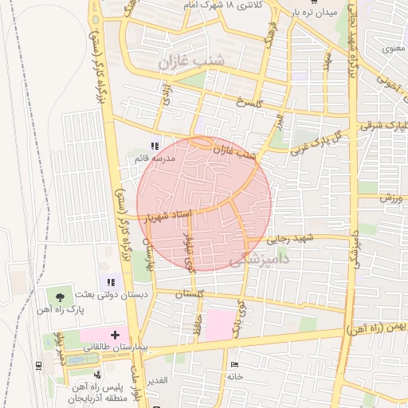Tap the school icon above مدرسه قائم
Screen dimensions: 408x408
coord(155,146)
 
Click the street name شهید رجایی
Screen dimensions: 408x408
coord(291,237)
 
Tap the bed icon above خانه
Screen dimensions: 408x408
coord(233,364)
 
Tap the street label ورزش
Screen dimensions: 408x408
coord(388,196)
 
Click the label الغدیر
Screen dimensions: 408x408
coord(157,380)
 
